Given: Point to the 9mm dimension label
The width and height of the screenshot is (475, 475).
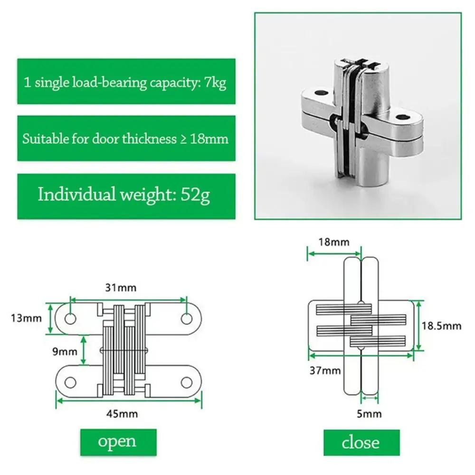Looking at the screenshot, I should point(65,351).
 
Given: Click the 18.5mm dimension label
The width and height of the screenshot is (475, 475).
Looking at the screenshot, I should point(441,325).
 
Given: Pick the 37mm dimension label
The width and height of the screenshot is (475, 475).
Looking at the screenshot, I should point(325,370).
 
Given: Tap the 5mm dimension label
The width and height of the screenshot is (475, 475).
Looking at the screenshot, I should point(369,413).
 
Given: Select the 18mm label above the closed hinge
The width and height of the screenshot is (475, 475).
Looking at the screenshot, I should point(333,242).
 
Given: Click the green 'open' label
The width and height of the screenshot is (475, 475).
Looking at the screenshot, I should point(117,441).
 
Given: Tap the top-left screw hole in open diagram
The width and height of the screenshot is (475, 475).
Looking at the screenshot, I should point(70,319).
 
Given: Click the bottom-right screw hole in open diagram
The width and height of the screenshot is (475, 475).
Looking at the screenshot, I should point(187,382).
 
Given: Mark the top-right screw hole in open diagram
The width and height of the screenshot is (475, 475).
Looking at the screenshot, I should point(187,319).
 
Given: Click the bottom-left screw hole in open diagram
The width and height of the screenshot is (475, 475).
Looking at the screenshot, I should point(70,382).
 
